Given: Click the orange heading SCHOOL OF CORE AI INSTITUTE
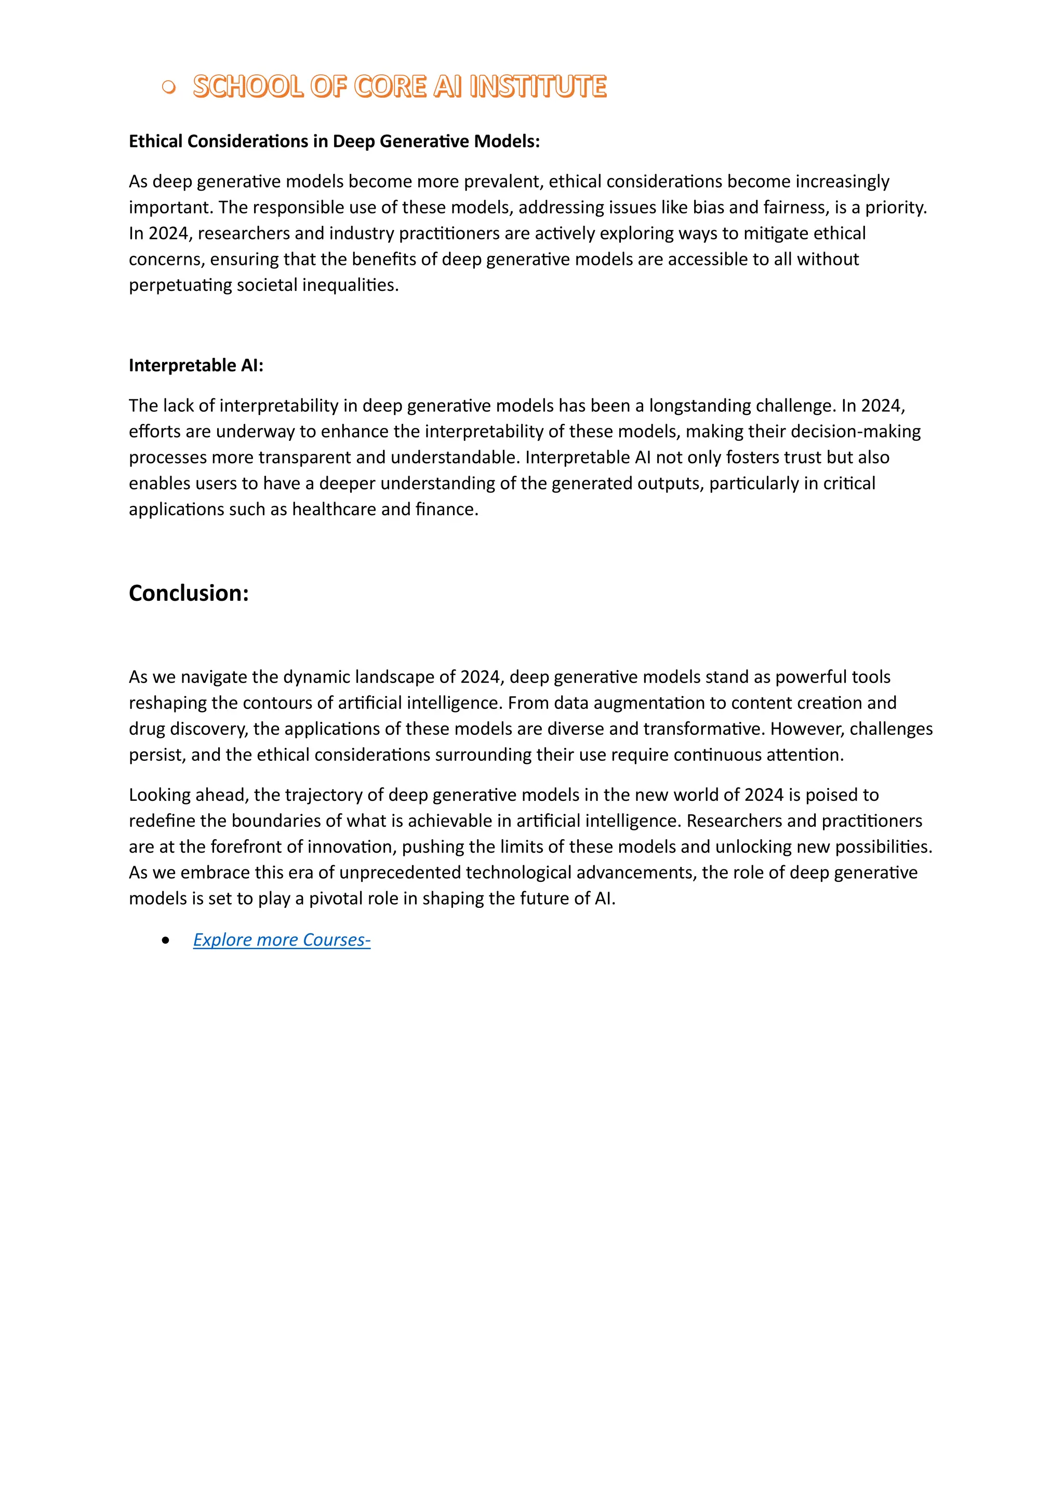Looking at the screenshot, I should pos(400,86).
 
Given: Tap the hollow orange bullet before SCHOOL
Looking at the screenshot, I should pos(168,87).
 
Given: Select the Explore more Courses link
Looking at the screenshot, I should pos(282,940).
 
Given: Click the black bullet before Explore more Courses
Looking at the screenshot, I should pos(165,941).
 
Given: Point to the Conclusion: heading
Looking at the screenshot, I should pos(189,593).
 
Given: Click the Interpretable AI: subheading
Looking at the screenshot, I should pos(196,366).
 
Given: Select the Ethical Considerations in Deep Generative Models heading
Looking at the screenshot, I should pos(334,141).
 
